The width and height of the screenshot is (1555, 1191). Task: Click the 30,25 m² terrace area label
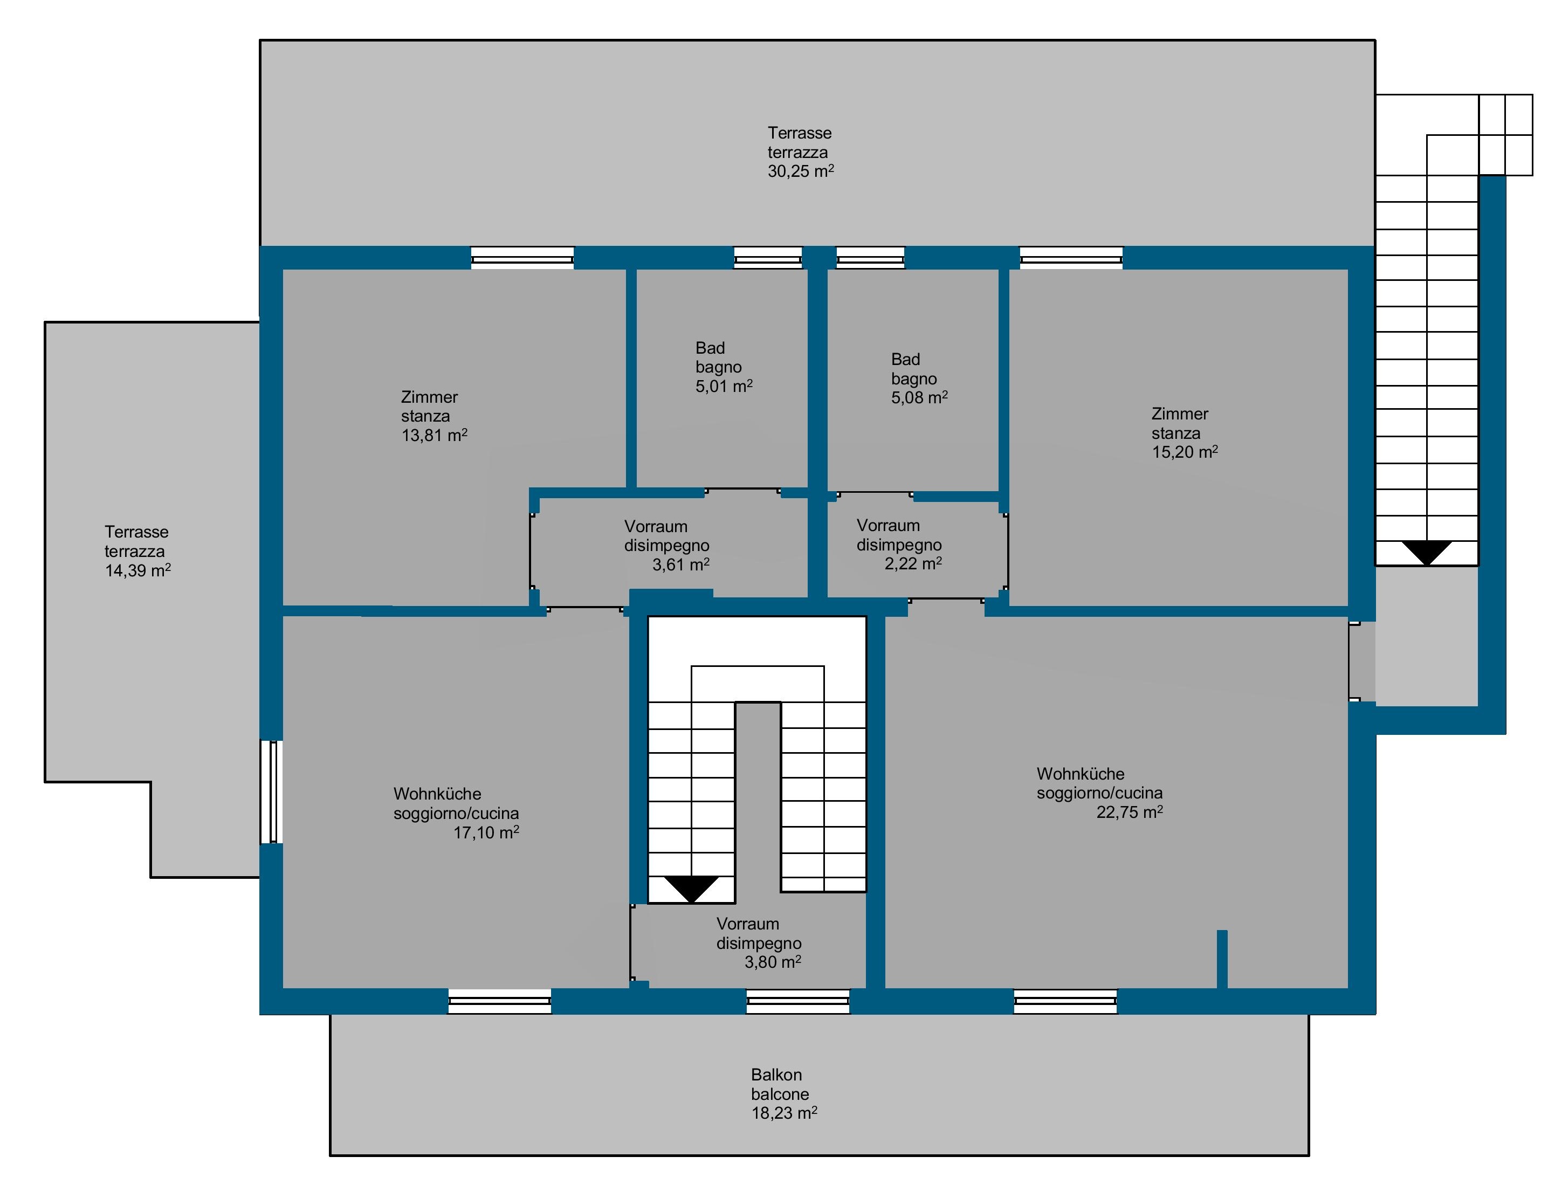(800, 171)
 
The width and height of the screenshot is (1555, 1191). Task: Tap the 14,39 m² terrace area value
(138, 570)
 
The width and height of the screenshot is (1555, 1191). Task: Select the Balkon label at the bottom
(776, 1075)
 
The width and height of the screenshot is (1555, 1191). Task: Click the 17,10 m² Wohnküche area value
(486, 832)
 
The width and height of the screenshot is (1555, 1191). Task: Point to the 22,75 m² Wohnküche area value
(1130, 813)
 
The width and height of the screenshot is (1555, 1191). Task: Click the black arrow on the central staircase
(691, 889)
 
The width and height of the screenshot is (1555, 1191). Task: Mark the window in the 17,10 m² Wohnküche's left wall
(271, 792)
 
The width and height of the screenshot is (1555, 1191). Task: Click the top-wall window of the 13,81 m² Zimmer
(522, 257)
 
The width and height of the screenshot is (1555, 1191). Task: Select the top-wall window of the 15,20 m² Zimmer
(1071, 257)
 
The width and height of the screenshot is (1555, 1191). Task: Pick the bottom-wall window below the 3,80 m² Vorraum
(798, 1002)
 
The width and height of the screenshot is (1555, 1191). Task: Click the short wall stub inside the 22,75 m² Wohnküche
(1222, 959)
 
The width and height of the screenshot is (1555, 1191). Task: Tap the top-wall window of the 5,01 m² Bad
(768, 257)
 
